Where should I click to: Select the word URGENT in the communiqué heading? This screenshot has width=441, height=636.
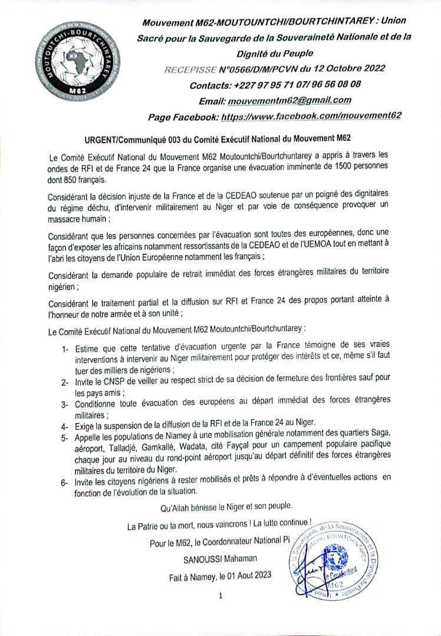click(101, 139)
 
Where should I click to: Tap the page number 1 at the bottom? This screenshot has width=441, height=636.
click(220, 595)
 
